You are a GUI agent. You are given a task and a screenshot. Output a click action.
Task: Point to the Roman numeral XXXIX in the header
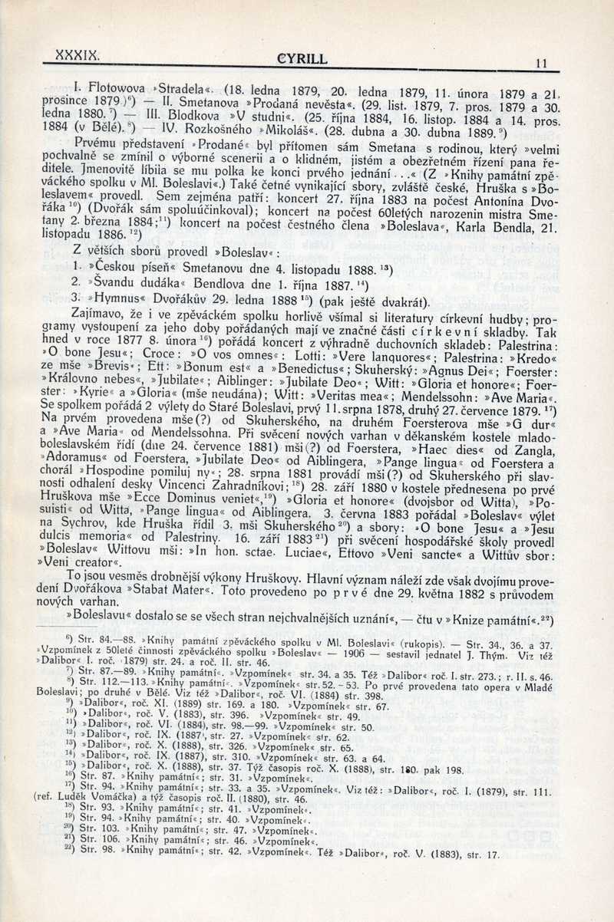click(74, 55)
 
